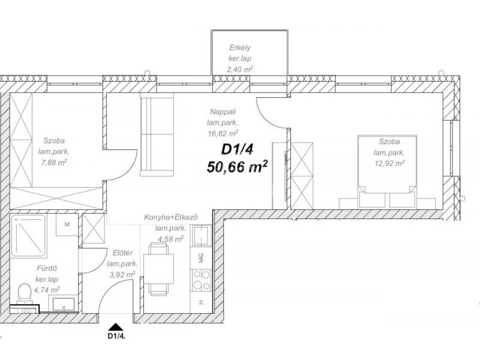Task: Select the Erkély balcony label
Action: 240,48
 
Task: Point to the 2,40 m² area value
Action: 240,70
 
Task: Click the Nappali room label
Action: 223,112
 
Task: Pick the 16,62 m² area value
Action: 223,133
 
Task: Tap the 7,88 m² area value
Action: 54,162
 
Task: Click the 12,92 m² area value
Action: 389,163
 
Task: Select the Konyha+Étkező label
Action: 171,217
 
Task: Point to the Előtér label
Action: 123,253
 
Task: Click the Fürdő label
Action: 47,268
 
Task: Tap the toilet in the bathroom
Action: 25,293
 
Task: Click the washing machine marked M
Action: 67,224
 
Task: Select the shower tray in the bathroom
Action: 28,235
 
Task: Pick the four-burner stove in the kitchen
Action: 201,280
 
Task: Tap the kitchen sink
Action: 201,236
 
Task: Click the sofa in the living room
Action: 157,134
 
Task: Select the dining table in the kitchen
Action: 158,268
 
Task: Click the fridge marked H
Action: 201,302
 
